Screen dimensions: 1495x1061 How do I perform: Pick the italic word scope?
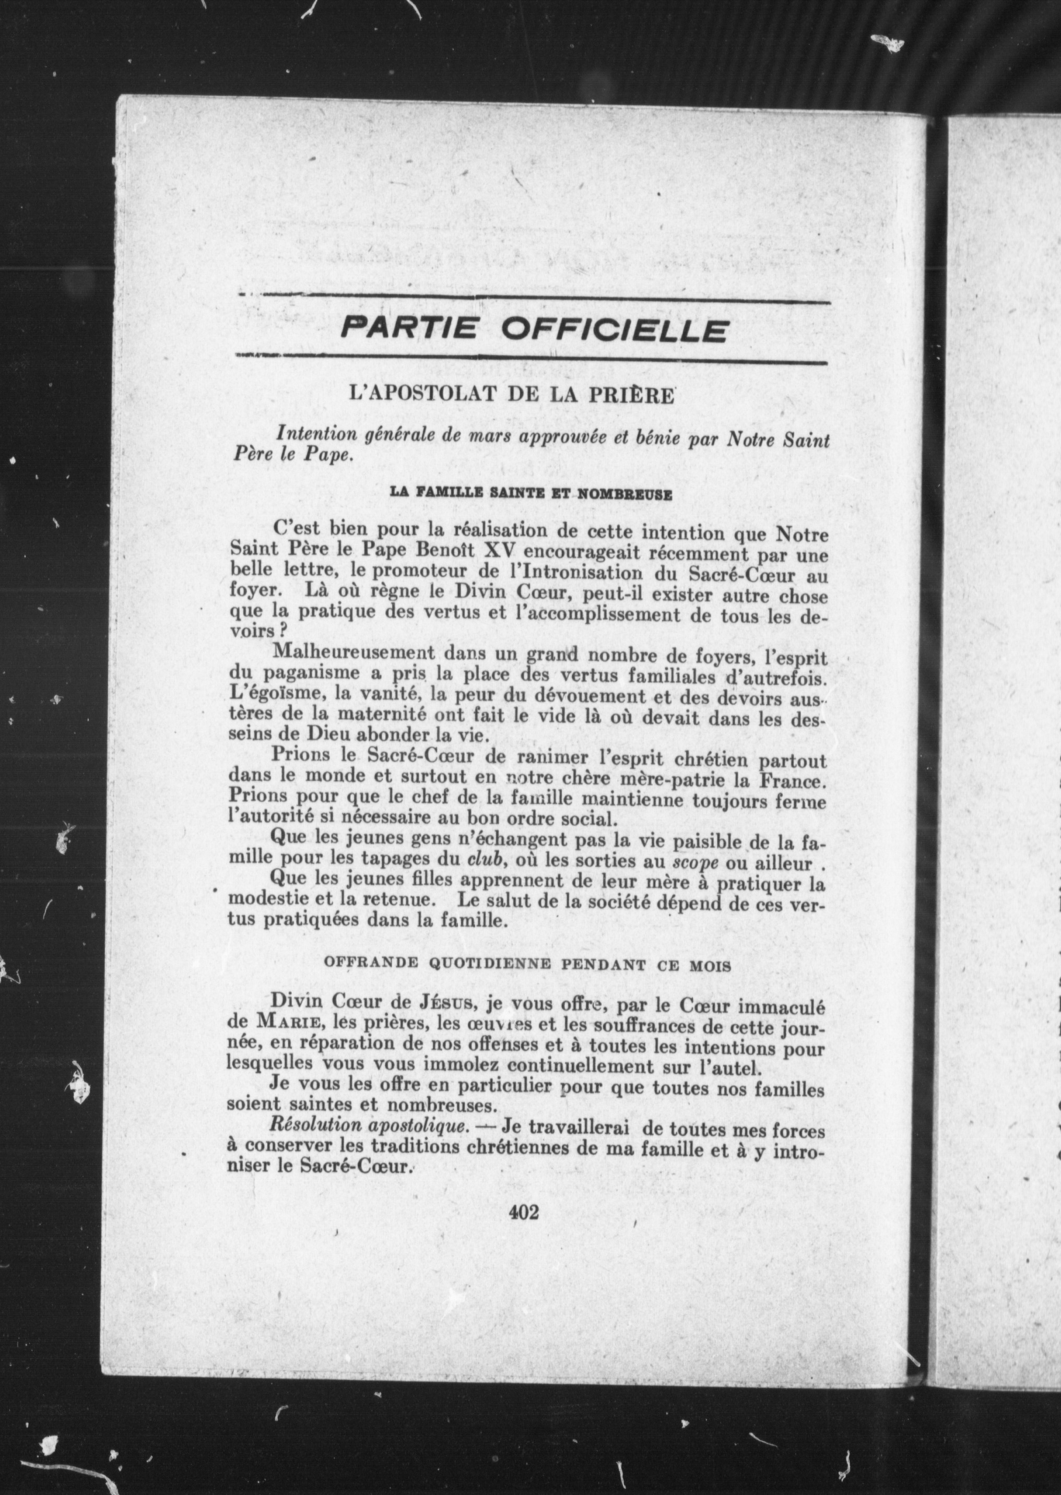701,863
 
